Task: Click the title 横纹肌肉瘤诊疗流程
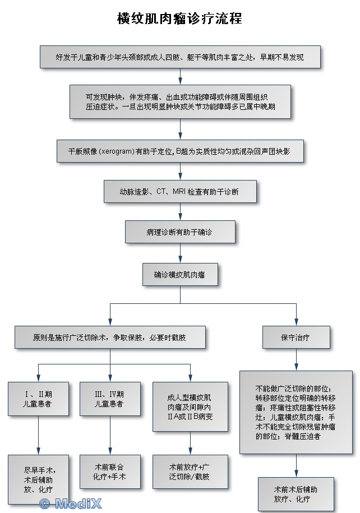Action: coord(179,19)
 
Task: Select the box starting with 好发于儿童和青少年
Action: coord(179,57)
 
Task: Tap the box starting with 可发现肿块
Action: coord(180,101)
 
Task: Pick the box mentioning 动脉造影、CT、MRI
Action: coord(180,191)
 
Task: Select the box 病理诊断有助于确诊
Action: coord(180,231)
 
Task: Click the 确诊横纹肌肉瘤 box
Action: coord(179,275)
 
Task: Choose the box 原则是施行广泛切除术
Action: coord(109,338)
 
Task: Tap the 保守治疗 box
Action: coord(296,338)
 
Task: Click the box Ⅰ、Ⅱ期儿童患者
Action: coord(38,399)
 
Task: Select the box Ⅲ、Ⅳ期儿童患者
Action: coord(109,399)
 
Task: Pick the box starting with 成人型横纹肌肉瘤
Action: coord(190,406)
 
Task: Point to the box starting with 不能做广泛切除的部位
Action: coord(296,412)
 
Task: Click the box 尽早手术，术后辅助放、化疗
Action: coord(38,478)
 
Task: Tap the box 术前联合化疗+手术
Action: coord(109,471)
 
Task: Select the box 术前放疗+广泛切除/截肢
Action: coord(190,471)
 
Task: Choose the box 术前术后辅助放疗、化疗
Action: coord(296,493)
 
